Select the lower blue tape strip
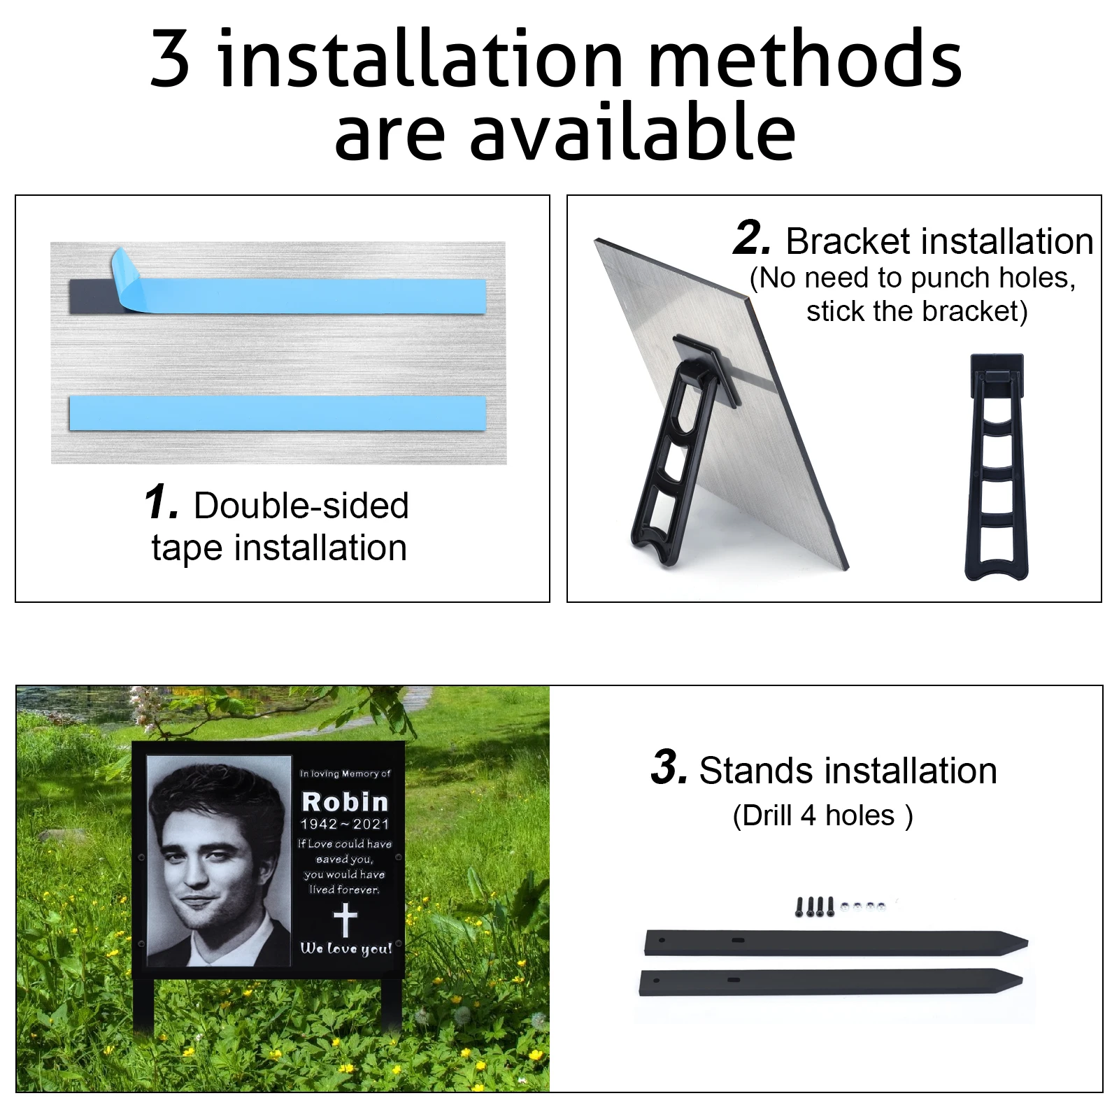click(278, 413)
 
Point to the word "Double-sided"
click(301, 505)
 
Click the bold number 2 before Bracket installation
click(753, 237)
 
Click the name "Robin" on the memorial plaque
click(344, 801)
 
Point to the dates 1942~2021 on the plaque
click(344, 824)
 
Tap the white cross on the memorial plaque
click(345, 919)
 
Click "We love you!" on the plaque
click(346, 948)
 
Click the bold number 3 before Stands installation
click(669, 767)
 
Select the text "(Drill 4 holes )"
click(822, 815)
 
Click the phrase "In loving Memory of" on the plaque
click(345, 774)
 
